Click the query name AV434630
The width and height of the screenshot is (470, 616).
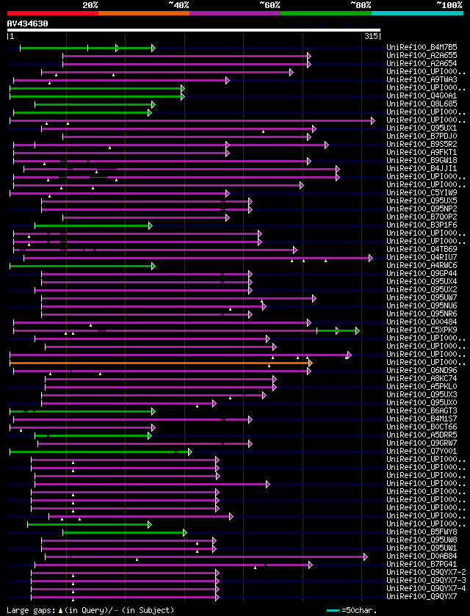28,23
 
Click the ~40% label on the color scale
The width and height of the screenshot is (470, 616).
178,4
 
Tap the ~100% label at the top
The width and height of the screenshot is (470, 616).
449,4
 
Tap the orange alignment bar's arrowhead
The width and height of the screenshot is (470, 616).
310,362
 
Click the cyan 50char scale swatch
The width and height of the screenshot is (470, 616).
333,609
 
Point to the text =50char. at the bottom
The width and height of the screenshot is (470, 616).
358,609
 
